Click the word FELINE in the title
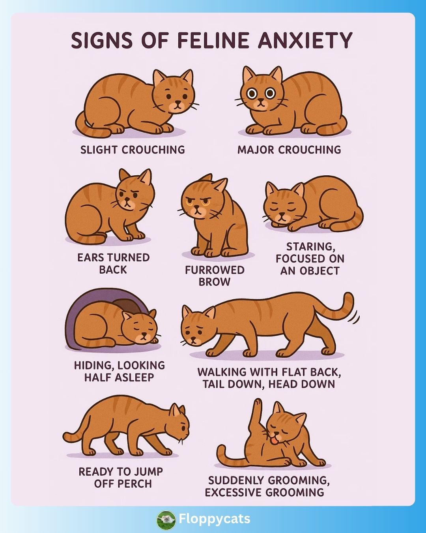[x=213, y=40]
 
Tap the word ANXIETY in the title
[x=305, y=40]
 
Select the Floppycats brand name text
[x=214, y=519]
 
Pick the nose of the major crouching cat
[x=261, y=100]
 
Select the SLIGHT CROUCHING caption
[x=133, y=150]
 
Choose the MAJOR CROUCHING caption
[x=289, y=150]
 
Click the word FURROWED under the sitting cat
[x=215, y=270]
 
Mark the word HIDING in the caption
[x=92, y=366]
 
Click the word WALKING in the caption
[x=222, y=372]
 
